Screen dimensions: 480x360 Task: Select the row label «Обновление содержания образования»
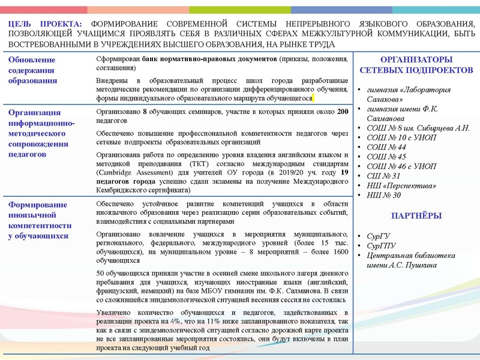(33, 70)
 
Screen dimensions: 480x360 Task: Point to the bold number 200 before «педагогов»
(342, 112)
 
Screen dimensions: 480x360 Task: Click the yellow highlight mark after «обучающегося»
(315, 98)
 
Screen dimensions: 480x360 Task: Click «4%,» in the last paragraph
(184, 322)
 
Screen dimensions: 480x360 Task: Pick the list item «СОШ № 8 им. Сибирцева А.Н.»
(413, 128)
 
